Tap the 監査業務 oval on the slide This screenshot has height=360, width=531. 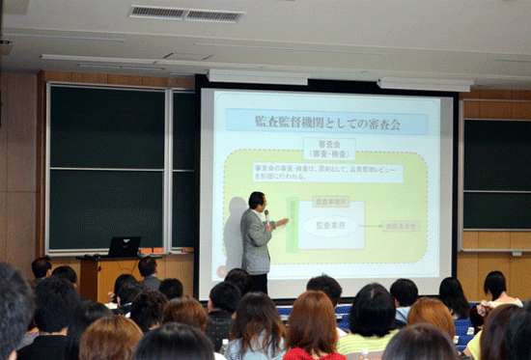332,225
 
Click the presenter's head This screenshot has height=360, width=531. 257,200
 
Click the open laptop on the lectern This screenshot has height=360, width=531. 125,246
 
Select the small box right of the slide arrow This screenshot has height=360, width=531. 401,226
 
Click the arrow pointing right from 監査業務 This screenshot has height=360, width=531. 372,226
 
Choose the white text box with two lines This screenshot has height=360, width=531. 328,172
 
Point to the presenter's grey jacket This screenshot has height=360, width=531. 256,241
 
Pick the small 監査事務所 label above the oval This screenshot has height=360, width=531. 331,202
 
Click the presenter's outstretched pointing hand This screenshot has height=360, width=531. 283,224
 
